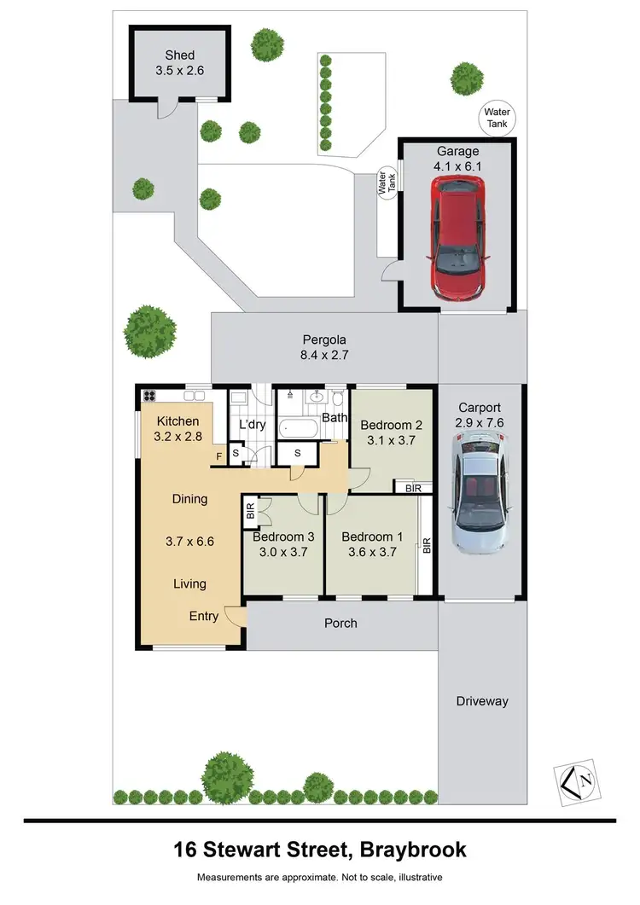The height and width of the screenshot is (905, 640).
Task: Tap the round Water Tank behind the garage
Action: click(497, 118)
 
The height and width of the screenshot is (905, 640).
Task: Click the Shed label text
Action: click(180, 55)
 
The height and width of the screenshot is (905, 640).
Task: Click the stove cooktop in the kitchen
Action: click(149, 396)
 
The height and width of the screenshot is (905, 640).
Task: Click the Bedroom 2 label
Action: click(392, 425)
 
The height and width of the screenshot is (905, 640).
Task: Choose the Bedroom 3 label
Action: click(283, 537)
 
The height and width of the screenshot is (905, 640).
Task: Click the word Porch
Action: click(340, 624)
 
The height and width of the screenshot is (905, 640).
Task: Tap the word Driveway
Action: click(481, 701)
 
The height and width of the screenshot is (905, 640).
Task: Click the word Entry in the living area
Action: click(204, 616)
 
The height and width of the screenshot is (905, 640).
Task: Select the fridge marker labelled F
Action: click(219, 456)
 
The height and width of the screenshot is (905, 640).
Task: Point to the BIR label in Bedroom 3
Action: click(251, 512)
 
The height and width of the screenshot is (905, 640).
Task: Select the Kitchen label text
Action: click(177, 421)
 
